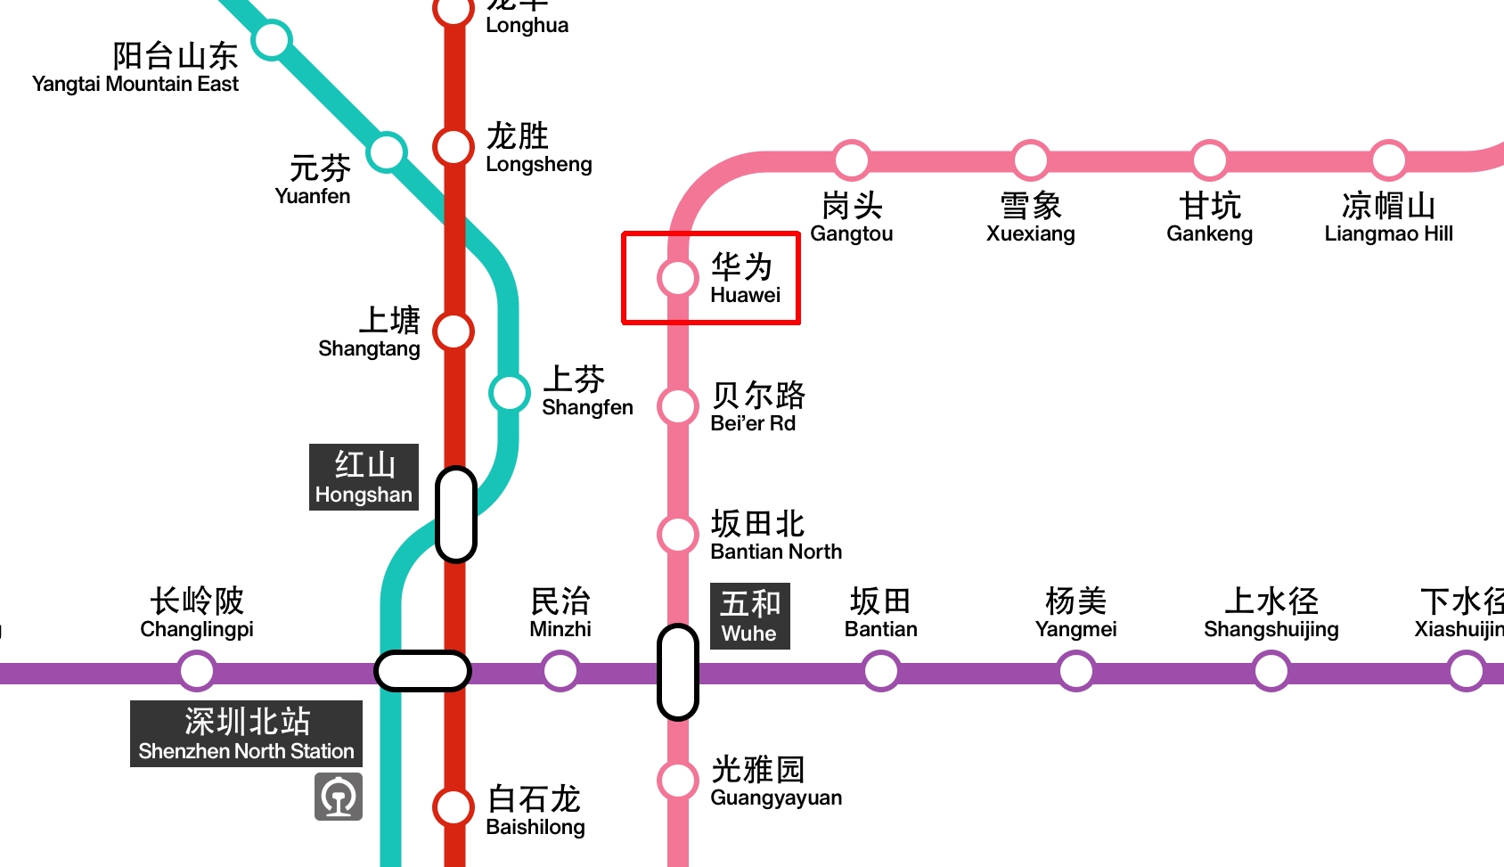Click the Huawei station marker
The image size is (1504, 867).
[x=678, y=278]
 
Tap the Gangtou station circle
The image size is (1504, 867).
[x=852, y=160]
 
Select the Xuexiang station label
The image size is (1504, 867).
[x=1031, y=217]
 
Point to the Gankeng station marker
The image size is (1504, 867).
[x=1209, y=160]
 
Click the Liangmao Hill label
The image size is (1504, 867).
[x=1388, y=217]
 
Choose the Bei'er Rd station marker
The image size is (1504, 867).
[x=678, y=406]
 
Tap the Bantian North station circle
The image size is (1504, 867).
[x=678, y=535]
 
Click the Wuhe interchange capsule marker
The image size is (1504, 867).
[x=678, y=672]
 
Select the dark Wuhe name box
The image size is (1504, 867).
[x=749, y=616]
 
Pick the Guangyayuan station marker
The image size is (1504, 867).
[x=678, y=781]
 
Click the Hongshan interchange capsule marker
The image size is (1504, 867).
[x=455, y=514]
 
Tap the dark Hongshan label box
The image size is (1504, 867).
[x=364, y=477]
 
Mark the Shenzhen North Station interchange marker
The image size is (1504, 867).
[x=422, y=671]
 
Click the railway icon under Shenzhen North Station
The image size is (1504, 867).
[x=339, y=796]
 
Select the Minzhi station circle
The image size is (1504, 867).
[x=560, y=671]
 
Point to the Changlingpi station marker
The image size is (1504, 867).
[x=197, y=671]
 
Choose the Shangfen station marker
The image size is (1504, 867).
[x=510, y=392]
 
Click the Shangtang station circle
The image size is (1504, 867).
[x=454, y=331]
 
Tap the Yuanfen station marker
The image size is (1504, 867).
[x=388, y=152]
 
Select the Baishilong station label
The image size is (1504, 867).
[x=535, y=811]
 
